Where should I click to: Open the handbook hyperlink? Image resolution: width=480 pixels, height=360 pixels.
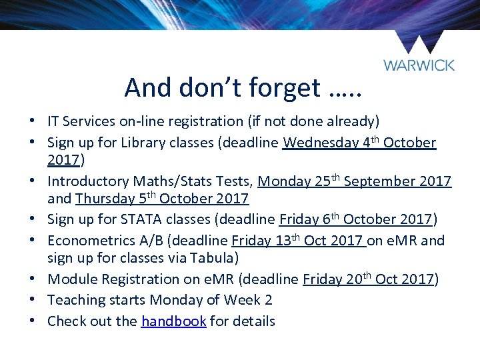(173, 321)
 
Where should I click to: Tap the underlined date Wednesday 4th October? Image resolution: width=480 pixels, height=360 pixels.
(359, 143)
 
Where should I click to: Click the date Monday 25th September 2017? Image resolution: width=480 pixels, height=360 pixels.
(354, 181)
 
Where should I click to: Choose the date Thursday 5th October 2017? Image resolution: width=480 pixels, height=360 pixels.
(162, 199)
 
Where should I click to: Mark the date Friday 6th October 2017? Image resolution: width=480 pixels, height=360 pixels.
(357, 220)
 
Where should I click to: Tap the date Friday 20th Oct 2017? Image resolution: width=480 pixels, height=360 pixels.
(368, 279)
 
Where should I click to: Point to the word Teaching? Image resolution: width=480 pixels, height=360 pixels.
(77, 301)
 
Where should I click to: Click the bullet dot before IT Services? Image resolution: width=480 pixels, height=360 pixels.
(32, 122)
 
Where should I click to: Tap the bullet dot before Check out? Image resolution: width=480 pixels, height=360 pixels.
(32, 321)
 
